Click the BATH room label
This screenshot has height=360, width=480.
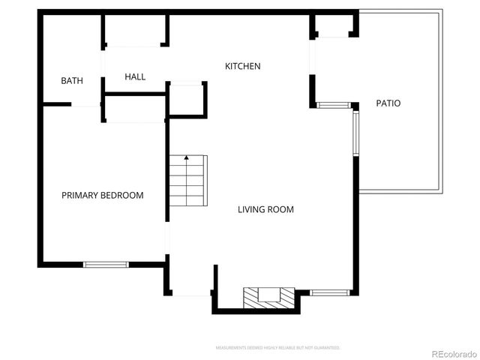pyautogui.click(x=72, y=81)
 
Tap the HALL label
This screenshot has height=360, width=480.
pyautogui.click(x=135, y=76)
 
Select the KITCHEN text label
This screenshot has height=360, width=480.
pyautogui.click(x=243, y=66)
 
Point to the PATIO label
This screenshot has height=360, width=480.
pyautogui.click(x=388, y=103)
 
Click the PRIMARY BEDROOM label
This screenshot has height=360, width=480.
pyautogui.click(x=102, y=195)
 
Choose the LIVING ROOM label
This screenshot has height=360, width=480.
pyautogui.click(x=265, y=209)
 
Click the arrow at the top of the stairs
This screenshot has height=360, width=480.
pyautogui.click(x=186, y=159)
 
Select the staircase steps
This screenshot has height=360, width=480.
pyautogui.click(x=187, y=181)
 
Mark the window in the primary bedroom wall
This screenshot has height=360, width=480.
pyautogui.click(x=106, y=264)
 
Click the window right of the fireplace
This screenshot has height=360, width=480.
pyautogui.click(x=329, y=291)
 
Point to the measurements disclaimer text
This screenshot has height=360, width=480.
pyautogui.click(x=277, y=348)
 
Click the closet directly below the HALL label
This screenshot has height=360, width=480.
pyautogui.click(x=136, y=108)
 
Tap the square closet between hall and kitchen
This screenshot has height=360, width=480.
pyautogui.click(x=187, y=99)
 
